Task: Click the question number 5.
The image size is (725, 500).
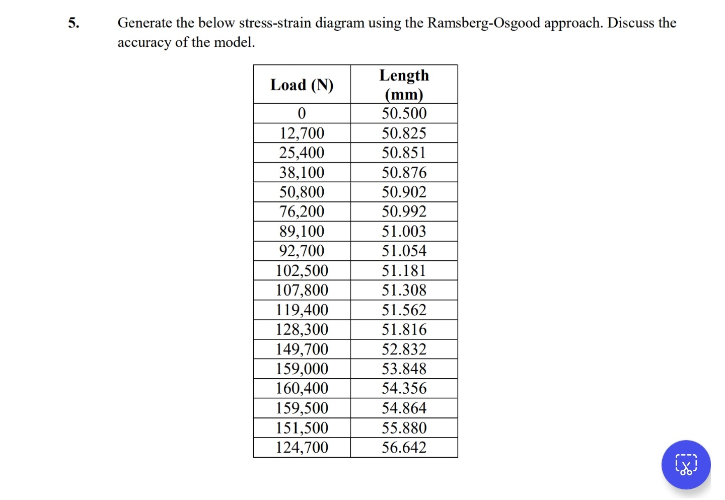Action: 74,23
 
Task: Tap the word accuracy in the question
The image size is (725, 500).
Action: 144,42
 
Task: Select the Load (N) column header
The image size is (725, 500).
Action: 302,85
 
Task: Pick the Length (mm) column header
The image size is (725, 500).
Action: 404,85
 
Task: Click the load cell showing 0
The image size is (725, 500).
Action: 302,113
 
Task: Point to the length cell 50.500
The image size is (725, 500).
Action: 404,113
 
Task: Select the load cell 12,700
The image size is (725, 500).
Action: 302,133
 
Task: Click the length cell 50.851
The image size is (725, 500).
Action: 404,153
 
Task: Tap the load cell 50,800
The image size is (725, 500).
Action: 302,192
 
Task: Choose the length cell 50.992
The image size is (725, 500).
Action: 404,211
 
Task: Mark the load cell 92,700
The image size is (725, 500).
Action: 302,251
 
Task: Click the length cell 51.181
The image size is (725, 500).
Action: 404,270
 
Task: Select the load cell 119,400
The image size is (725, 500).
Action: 302,310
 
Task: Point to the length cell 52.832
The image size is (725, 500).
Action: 404,349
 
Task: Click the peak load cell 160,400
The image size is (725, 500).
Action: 302,388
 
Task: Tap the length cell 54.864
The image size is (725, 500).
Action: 404,408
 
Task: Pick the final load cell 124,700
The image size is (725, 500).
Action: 302,447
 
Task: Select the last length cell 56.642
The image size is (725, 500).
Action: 404,447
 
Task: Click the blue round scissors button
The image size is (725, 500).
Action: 686,465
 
